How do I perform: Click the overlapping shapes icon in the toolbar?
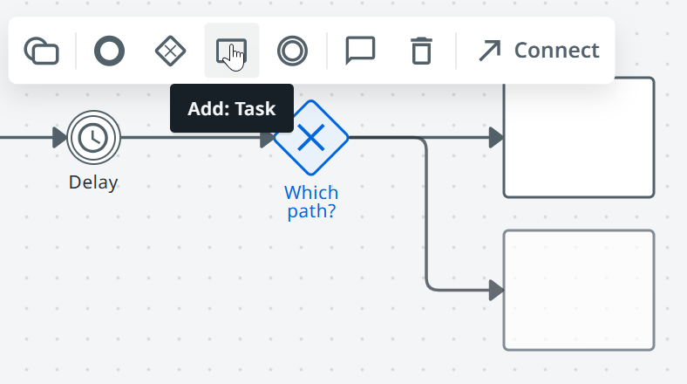click(41, 51)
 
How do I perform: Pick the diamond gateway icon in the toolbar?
click(170, 51)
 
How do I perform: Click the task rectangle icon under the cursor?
click(231, 51)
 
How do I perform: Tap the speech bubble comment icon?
click(360, 51)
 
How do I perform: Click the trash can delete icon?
click(421, 51)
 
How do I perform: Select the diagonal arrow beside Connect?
click(490, 51)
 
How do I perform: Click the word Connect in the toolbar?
click(556, 51)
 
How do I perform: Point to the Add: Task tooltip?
click(232, 108)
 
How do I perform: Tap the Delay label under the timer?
click(93, 182)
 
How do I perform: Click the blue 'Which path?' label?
click(311, 202)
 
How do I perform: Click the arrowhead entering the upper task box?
click(496, 138)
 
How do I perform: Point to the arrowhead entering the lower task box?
click(496, 291)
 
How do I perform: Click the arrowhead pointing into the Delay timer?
click(59, 138)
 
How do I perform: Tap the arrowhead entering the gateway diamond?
click(267, 138)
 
